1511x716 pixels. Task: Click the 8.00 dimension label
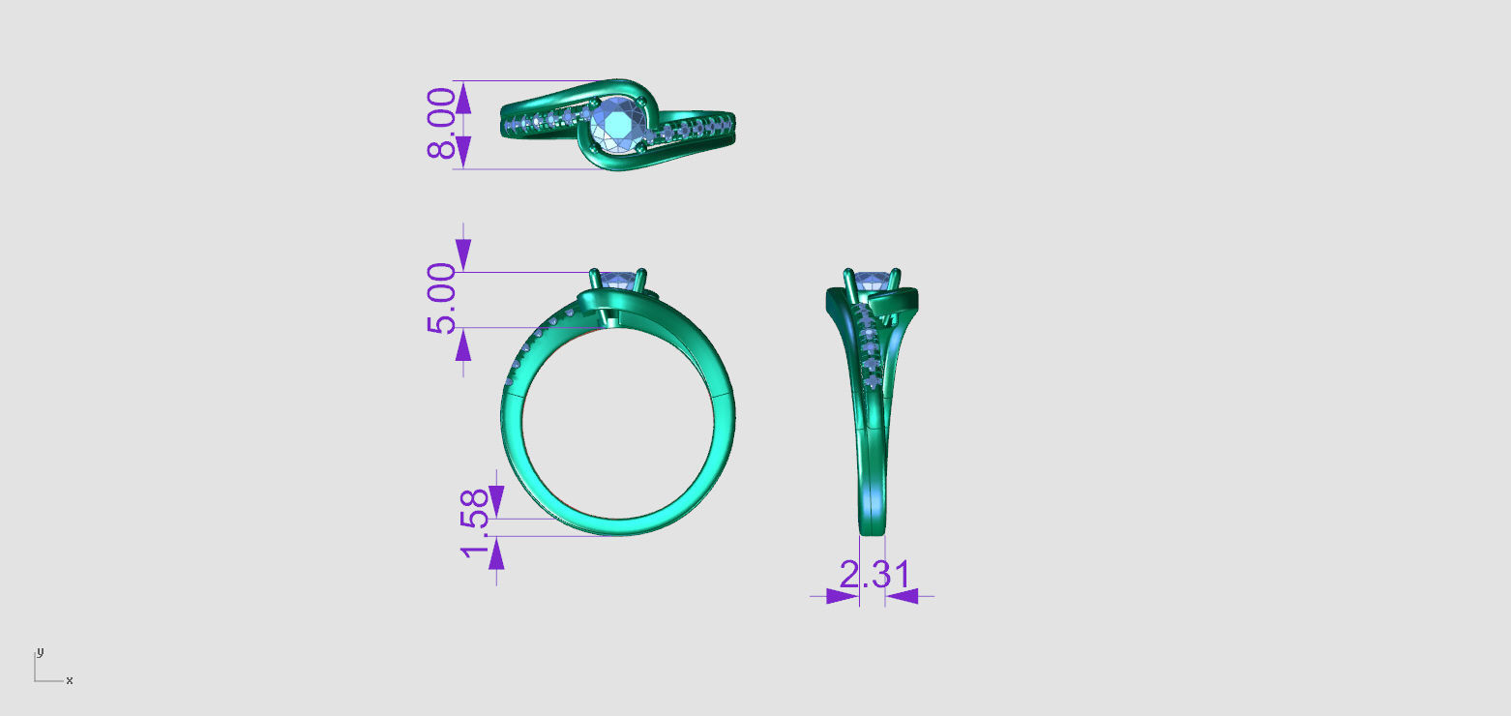(x=442, y=123)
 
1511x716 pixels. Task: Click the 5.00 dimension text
(x=442, y=298)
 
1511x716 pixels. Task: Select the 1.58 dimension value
(x=473, y=522)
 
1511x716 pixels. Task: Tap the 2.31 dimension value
(x=874, y=575)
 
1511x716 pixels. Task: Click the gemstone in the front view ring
(x=619, y=281)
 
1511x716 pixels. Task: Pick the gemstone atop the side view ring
(x=873, y=281)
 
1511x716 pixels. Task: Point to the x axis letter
(x=70, y=681)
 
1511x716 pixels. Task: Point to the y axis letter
(x=40, y=651)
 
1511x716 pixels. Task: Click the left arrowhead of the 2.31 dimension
(x=843, y=596)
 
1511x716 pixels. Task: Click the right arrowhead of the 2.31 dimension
(x=902, y=596)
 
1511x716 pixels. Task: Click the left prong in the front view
(x=595, y=281)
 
